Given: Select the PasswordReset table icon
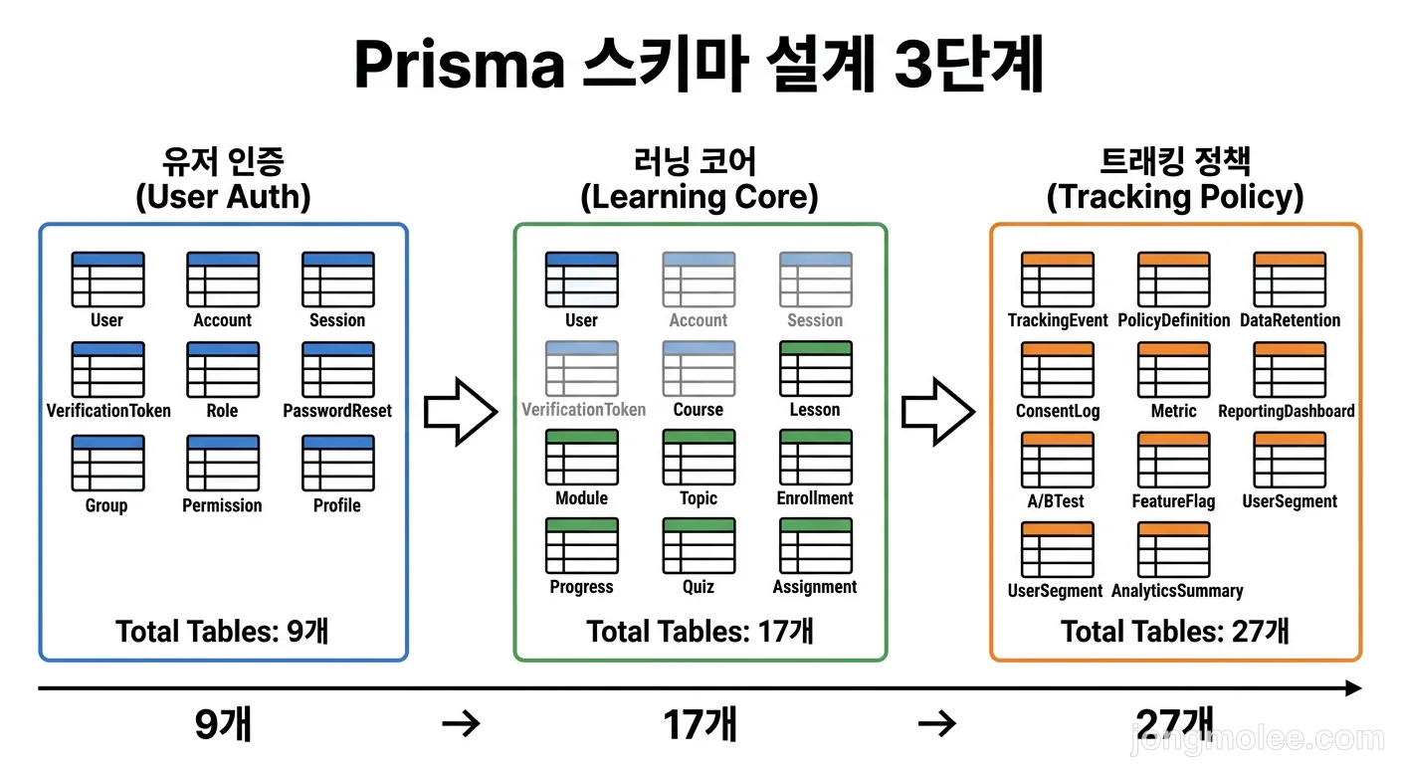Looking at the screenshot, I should [x=338, y=370].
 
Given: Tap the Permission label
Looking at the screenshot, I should [x=222, y=505].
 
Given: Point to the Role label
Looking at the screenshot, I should [x=222, y=411].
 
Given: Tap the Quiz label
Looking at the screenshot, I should [x=699, y=587].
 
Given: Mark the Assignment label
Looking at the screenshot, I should [x=815, y=587].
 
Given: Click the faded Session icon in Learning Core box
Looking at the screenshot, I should [x=815, y=280].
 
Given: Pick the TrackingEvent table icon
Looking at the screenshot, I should [x=1058, y=280].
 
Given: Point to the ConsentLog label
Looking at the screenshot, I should [x=1058, y=411].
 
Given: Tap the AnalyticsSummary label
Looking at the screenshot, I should [x=1177, y=591].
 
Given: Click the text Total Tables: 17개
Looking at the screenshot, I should [x=700, y=632].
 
